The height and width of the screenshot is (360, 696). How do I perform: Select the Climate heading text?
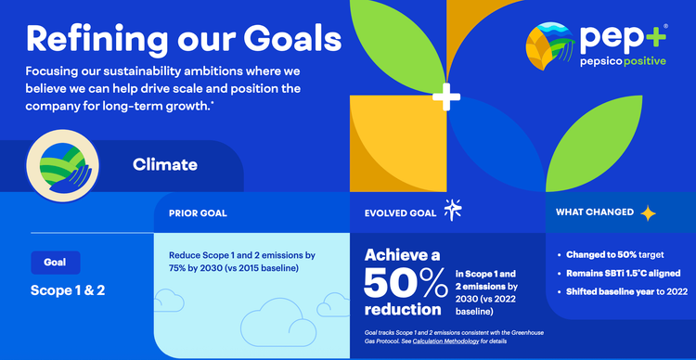(x=165, y=165)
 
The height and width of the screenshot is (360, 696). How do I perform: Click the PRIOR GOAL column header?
(x=198, y=212)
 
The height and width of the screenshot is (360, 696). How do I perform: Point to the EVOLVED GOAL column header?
(x=400, y=212)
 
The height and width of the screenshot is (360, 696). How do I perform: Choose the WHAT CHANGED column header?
(x=595, y=212)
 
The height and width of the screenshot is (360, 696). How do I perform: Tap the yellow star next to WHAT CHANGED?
(x=648, y=212)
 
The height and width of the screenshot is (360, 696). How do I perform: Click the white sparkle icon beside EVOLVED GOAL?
(x=453, y=211)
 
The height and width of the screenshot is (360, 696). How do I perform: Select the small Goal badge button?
(x=56, y=263)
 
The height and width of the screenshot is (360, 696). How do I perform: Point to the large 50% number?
(x=406, y=281)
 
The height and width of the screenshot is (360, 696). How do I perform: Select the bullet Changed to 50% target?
(x=615, y=254)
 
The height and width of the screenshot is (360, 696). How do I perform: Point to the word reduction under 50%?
(x=402, y=308)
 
